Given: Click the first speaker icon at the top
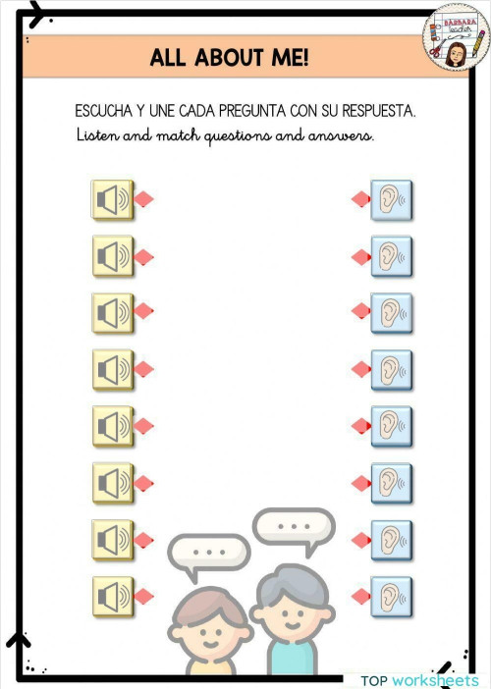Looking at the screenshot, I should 111,200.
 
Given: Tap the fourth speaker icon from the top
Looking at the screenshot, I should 111,369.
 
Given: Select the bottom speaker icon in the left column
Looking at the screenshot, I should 111,595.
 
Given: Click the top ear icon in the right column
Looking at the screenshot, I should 391,200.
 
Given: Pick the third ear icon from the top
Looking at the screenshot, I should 391,312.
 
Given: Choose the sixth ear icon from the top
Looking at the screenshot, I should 391,482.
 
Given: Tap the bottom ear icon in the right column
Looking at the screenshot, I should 391,595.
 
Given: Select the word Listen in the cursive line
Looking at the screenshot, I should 97,135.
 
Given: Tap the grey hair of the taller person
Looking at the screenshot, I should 293,581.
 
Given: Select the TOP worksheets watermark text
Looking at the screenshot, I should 419,680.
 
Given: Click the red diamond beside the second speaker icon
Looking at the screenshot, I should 144,257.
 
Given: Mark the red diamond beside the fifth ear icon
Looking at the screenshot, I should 360,426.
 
